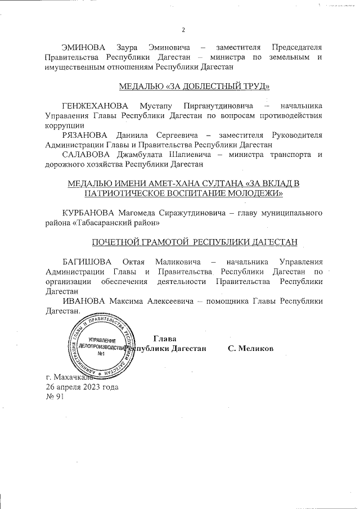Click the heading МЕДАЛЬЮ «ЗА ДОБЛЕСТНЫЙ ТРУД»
coord(195,86)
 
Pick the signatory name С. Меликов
coord(250,349)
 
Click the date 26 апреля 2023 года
coord(82,387)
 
